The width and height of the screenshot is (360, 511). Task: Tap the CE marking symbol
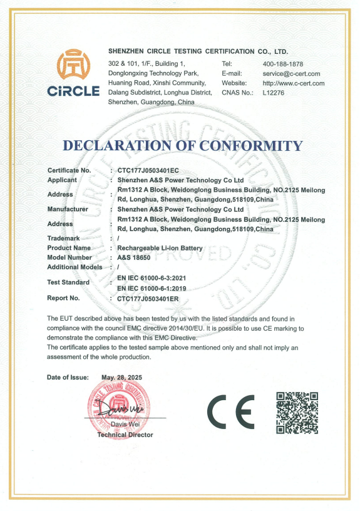[x=230, y=410]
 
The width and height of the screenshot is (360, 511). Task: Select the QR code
[x=297, y=412]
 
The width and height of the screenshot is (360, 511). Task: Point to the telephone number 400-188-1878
[x=282, y=64]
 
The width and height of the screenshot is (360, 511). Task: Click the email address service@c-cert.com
[x=291, y=73]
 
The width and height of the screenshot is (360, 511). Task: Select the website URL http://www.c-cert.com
[x=293, y=83]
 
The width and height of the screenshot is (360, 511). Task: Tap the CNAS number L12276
[x=274, y=93]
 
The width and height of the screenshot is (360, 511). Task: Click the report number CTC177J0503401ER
[x=148, y=299]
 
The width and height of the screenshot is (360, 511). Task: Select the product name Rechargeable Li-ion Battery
[x=160, y=248]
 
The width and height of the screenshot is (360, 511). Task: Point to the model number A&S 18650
[x=135, y=257]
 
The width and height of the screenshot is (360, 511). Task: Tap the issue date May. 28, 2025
[x=122, y=378]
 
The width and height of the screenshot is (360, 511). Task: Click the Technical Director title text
[x=125, y=435]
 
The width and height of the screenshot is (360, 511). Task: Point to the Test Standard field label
[x=68, y=282]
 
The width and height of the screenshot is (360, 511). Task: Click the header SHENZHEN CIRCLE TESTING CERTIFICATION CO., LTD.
[x=198, y=51]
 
